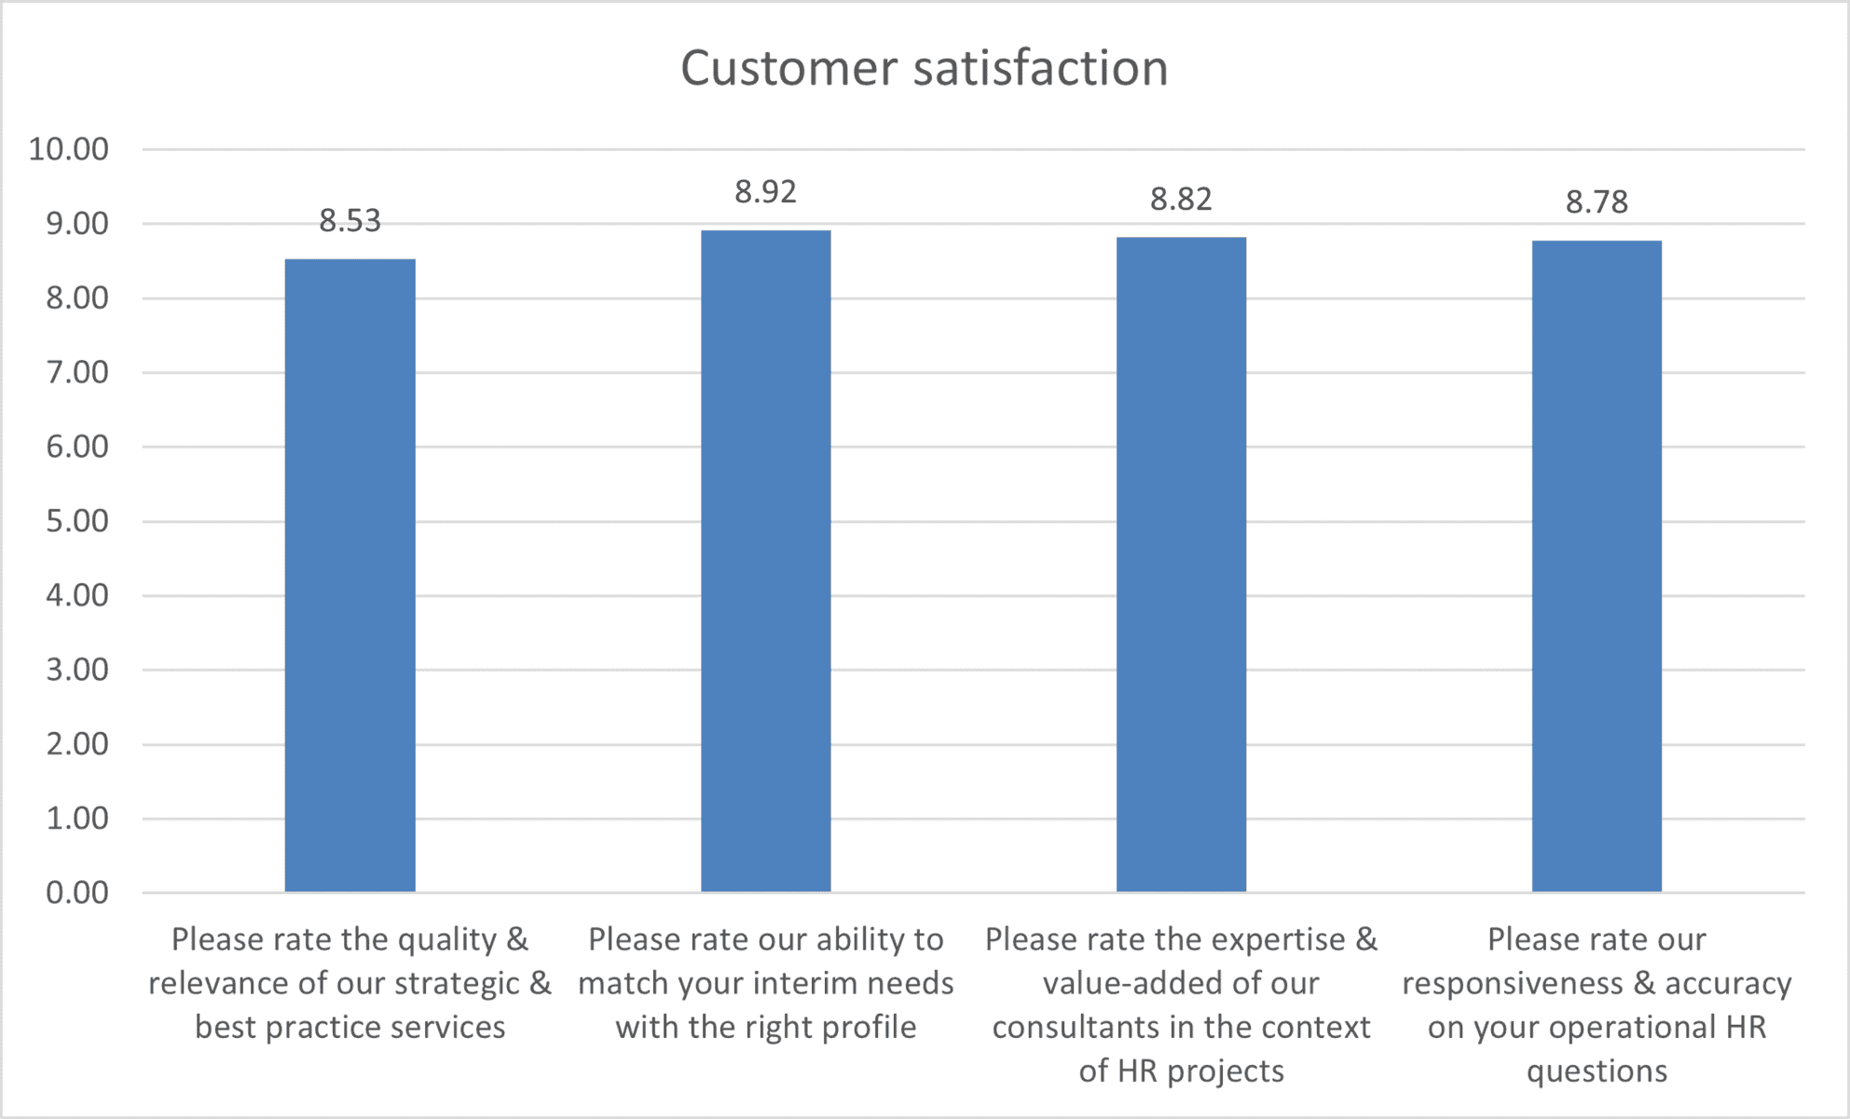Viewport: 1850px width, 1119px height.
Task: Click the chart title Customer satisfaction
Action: tap(924, 68)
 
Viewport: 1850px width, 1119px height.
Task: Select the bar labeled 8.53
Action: tap(349, 575)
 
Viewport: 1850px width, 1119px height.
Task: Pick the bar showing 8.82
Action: tap(1181, 565)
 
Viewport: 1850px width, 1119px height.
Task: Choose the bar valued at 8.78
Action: tap(1596, 566)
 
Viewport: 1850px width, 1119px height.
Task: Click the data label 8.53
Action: tap(349, 221)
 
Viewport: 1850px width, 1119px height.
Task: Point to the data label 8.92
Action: tap(765, 192)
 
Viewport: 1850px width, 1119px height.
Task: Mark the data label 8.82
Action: tap(1181, 200)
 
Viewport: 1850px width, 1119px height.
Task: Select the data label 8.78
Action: tap(1596, 202)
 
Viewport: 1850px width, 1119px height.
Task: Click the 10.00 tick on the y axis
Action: tap(68, 149)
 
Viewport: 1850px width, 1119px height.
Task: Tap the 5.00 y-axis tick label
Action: tap(76, 521)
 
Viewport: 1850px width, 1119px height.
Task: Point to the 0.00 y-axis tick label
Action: tap(76, 892)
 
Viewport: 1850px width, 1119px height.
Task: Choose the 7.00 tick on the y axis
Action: tap(76, 372)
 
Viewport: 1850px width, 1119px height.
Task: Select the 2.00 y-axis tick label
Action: tap(76, 744)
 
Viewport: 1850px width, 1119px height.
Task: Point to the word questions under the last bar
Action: tap(1596, 1071)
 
